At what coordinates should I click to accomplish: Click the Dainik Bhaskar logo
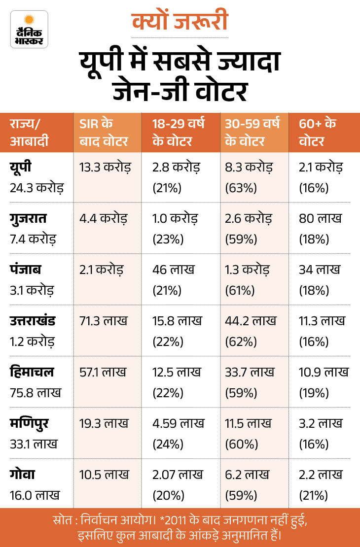coord(29,29)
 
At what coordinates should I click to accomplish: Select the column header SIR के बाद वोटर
coord(104,133)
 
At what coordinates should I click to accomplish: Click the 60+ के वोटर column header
coord(318,133)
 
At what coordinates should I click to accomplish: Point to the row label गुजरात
coord(28,219)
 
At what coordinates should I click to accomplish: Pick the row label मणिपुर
coord(29,424)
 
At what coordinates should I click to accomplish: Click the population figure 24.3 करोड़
coord(36,188)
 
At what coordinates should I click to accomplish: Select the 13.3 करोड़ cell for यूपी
coord(105,168)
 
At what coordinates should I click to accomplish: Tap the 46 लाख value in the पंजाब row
coord(173,270)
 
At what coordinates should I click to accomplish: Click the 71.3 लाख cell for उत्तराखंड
coord(104,321)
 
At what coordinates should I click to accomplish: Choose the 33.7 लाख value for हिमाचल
coord(250,372)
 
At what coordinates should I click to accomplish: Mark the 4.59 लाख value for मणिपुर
coord(178,423)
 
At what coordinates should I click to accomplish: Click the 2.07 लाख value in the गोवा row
coord(178,475)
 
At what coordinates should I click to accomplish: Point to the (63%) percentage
coord(241,188)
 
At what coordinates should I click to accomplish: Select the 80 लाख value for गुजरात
coord(320,218)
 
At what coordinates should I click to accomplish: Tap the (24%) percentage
coord(168,444)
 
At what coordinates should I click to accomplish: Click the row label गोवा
coord(22,475)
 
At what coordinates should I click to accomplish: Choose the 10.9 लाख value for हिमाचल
coord(324,372)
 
